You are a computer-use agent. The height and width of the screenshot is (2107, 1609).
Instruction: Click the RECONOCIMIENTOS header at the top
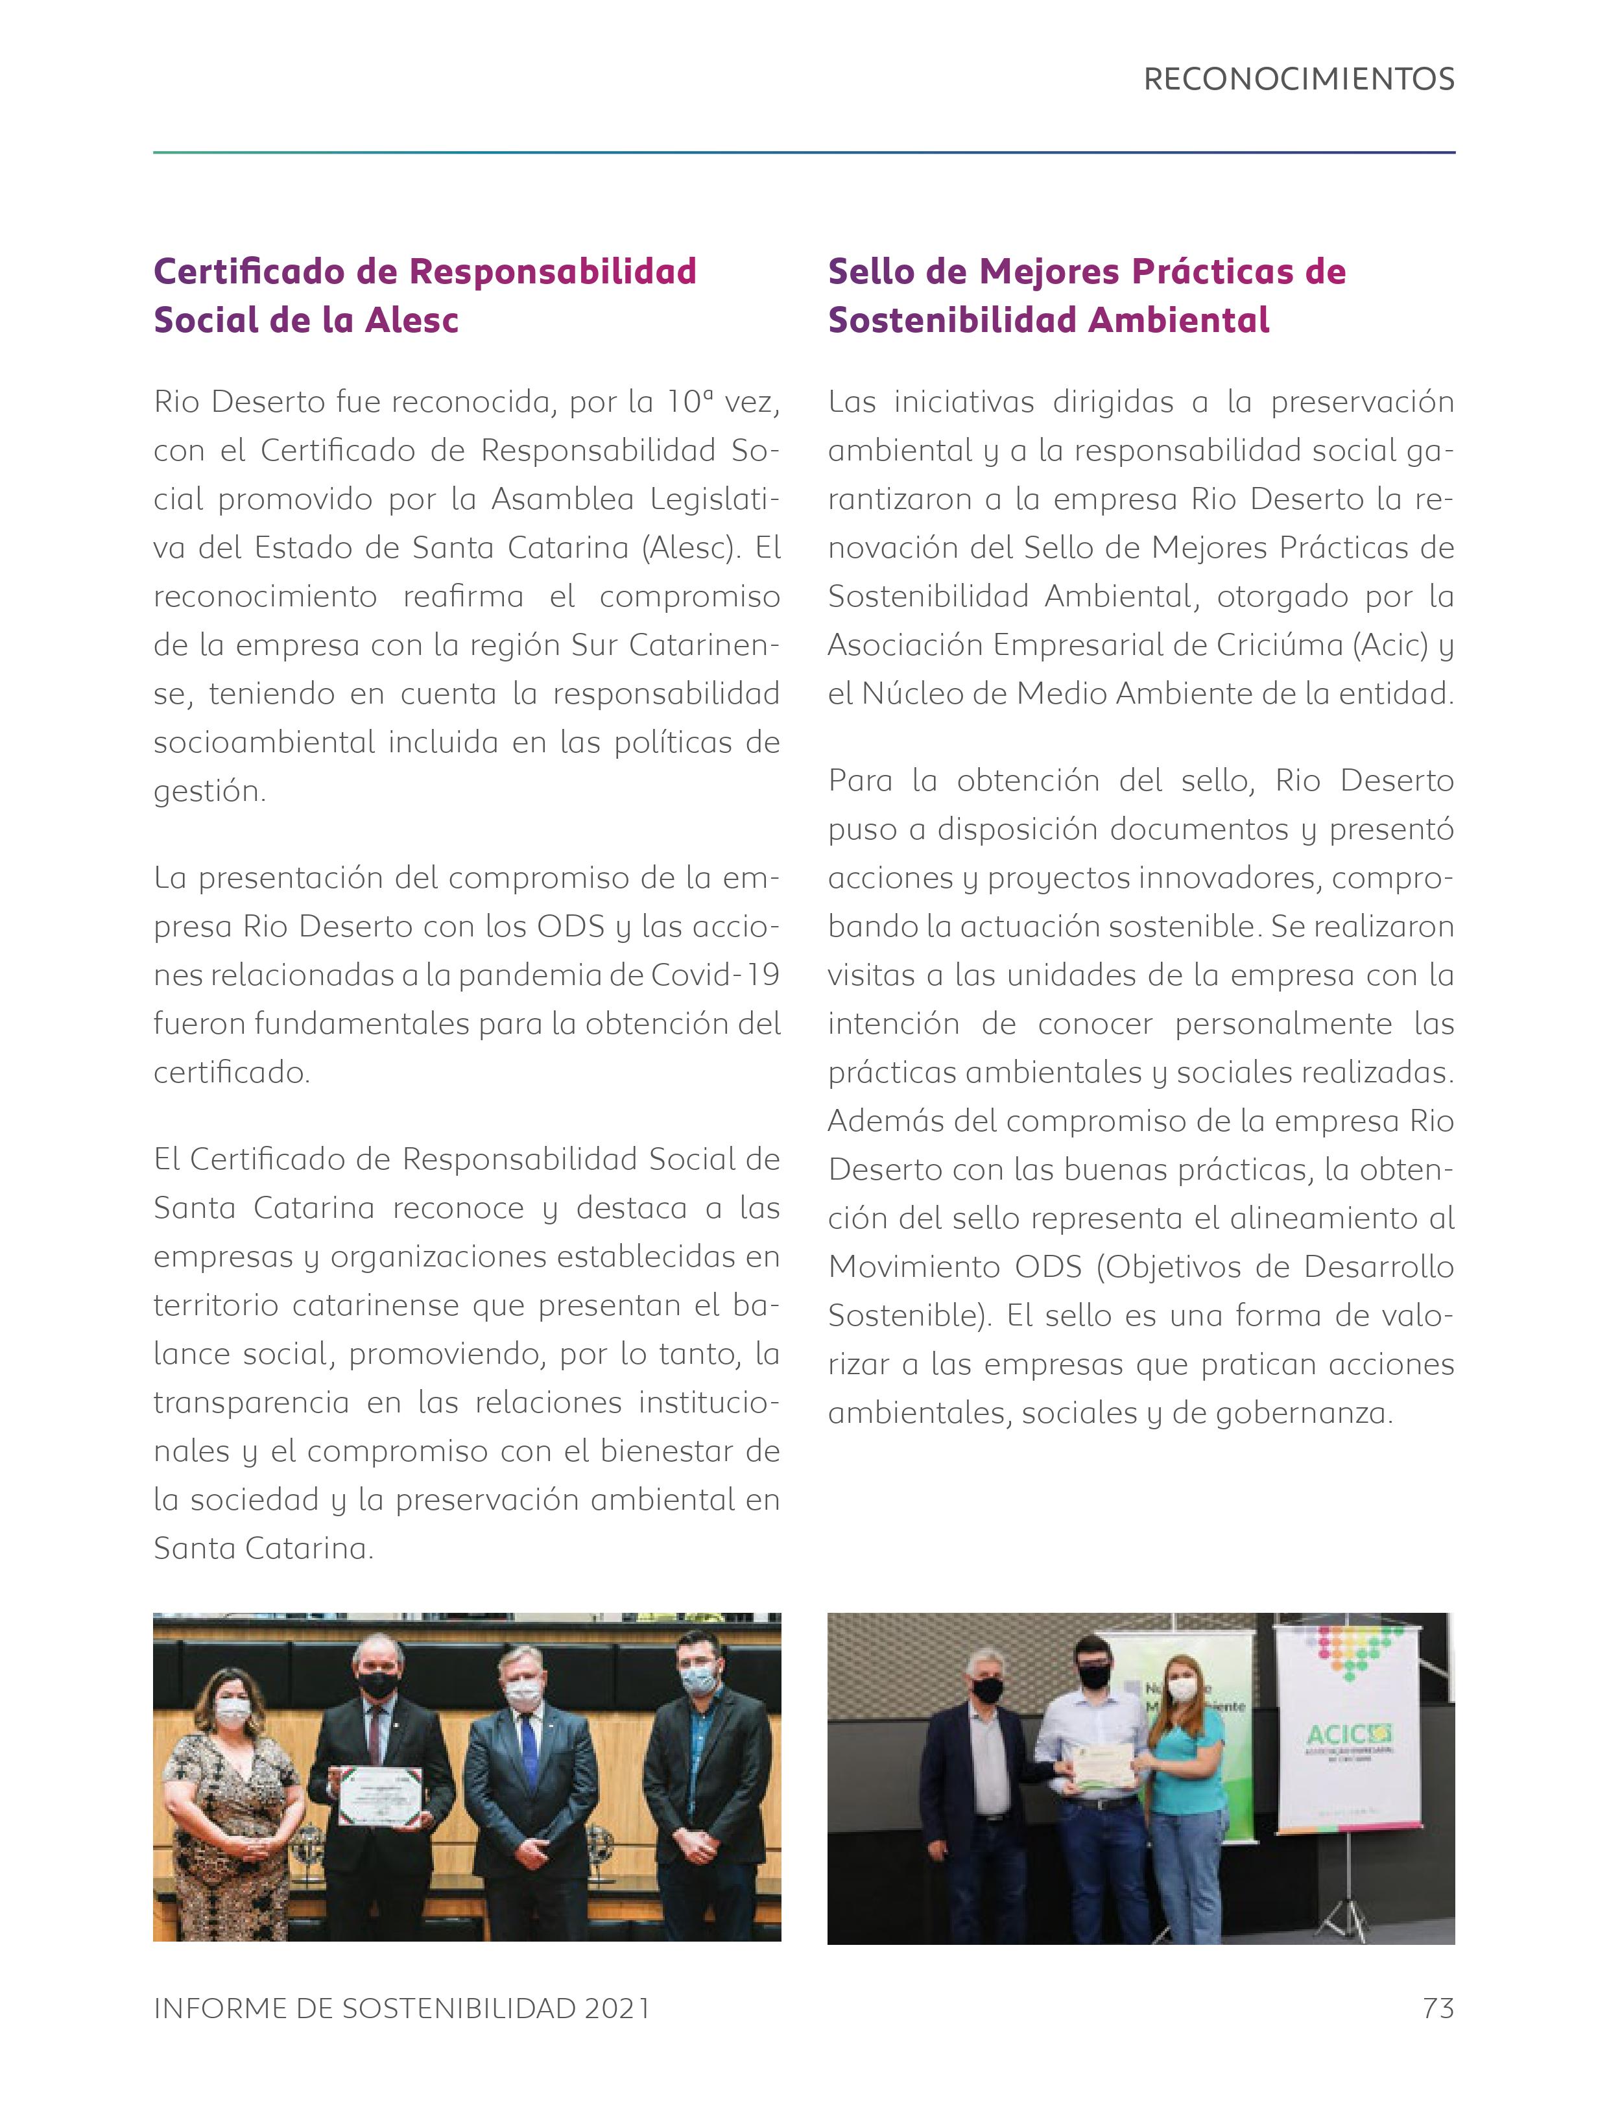point(1299,80)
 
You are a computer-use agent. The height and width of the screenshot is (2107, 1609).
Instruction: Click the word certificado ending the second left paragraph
point(231,1073)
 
